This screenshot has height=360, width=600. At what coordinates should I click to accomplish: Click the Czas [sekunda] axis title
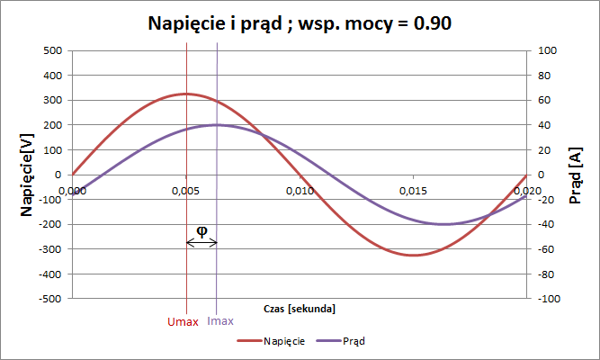click(x=300, y=309)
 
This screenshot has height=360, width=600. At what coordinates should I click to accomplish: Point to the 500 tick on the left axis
click(x=51, y=50)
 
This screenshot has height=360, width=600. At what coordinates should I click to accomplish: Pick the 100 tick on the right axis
click(x=546, y=50)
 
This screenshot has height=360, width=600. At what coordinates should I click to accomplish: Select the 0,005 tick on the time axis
click(x=186, y=190)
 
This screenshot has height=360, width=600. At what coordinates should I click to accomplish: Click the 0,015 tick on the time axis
click(x=413, y=190)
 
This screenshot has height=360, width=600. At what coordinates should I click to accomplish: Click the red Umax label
click(x=184, y=320)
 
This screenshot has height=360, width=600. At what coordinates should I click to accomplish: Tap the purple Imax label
click(x=221, y=320)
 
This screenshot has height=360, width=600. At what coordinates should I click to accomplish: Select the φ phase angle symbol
click(x=201, y=230)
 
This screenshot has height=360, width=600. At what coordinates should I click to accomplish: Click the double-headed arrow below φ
click(x=201, y=242)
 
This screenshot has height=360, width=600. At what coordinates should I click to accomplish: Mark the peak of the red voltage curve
click(x=186, y=94)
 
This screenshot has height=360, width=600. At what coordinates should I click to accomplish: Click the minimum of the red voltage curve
click(x=413, y=255)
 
